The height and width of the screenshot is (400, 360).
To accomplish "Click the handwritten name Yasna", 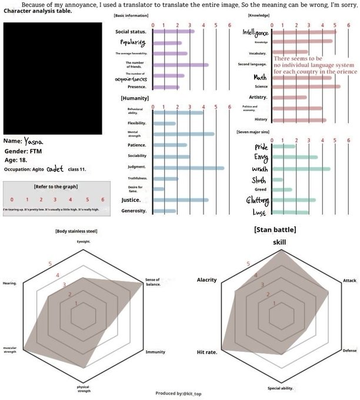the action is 33,141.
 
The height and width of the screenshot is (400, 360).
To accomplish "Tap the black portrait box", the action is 52,79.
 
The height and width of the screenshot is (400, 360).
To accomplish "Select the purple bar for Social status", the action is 173,31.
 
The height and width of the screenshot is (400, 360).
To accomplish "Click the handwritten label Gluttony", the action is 257,201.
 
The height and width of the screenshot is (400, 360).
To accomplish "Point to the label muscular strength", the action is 9,350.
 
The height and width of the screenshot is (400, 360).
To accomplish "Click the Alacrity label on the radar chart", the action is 206,279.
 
